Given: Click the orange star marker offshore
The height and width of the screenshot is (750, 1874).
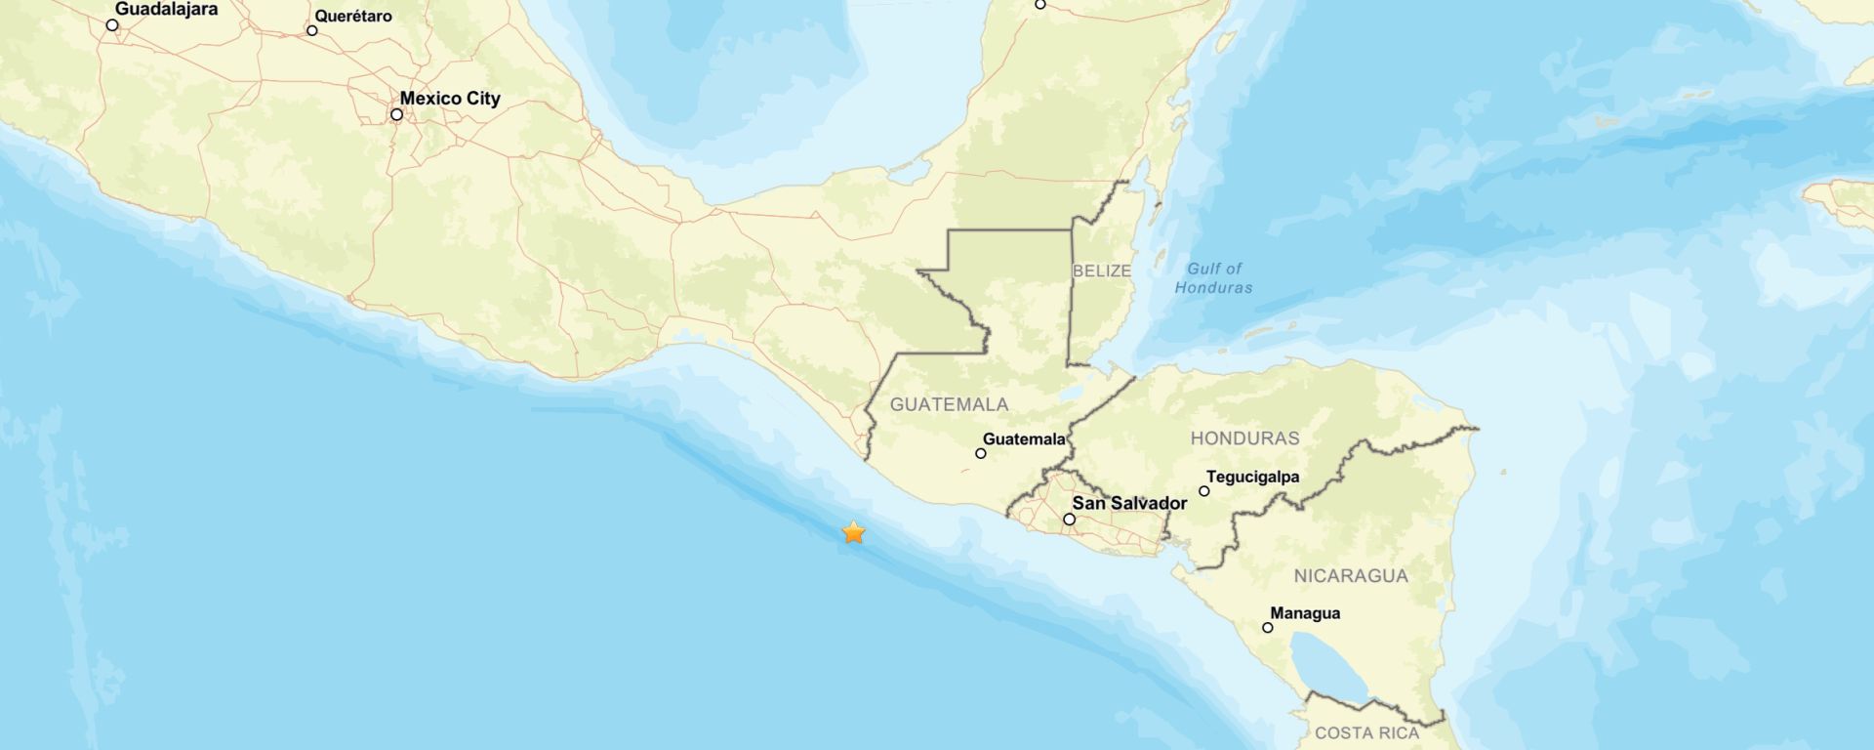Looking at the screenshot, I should [x=854, y=532].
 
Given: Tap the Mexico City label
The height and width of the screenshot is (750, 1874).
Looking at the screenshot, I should [x=450, y=99].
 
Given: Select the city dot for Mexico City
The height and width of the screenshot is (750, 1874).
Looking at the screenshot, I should [x=397, y=114].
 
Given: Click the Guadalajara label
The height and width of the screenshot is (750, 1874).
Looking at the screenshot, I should [x=166, y=10].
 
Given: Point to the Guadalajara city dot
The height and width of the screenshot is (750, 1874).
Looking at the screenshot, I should [x=112, y=25].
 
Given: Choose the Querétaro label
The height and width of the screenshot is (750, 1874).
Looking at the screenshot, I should [x=353, y=17].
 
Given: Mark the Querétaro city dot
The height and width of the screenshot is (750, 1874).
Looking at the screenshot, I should [x=312, y=30].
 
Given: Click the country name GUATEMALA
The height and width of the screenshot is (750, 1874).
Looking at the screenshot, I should [x=949, y=404].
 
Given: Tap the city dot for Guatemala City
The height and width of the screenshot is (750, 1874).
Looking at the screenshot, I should [x=981, y=453].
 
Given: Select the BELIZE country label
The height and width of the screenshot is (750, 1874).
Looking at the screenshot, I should [x=1102, y=271].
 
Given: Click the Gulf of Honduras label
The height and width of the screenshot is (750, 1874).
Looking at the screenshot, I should [x=1214, y=278].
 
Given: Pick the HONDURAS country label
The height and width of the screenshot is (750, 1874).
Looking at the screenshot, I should [x=1244, y=438].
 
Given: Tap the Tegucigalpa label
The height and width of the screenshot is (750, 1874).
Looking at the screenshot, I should [x=1252, y=477].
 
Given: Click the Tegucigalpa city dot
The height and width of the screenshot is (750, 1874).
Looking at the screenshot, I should [x=1204, y=491].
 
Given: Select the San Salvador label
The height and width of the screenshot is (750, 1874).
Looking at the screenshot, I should [x=1129, y=503].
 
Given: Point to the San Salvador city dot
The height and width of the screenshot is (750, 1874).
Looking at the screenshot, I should [x=1070, y=520].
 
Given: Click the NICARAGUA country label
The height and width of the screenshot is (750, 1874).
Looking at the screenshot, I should [x=1351, y=576].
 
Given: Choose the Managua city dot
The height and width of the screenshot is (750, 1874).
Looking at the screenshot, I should [x=1268, y=628].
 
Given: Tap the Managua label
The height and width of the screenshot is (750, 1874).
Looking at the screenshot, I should [x=1305, y=613].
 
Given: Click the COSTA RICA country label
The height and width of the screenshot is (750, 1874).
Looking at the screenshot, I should [x=1366, y=732].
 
